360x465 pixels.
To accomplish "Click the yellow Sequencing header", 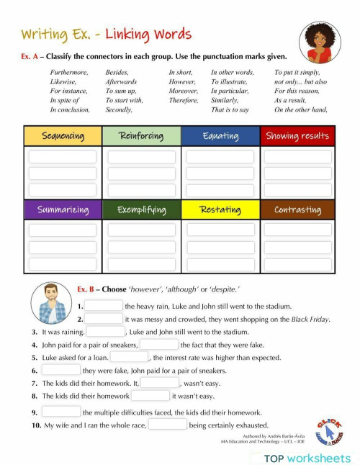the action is (63, 136).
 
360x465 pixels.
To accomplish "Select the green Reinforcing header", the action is (141, 136).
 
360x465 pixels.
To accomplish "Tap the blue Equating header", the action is (220, 136).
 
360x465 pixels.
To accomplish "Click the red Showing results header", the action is (297, 136).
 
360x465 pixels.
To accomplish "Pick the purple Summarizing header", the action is (63, 210).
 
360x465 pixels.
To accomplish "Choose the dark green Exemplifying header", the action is (141, 210).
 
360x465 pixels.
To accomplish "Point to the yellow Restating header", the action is (220, 210).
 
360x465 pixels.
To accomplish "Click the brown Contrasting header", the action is (297, 210).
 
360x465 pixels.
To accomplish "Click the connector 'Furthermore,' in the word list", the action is (69, 73).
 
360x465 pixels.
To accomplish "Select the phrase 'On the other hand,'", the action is (301, 110).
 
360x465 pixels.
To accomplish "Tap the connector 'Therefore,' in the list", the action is (184, 101).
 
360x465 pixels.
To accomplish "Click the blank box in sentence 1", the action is (104, 306).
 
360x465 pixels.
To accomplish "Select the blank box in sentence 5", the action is (129, 357).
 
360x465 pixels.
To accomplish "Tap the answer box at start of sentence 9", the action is (61, 412).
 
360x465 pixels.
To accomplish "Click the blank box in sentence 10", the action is (168, 425).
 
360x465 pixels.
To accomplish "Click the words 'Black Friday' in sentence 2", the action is (311, 319).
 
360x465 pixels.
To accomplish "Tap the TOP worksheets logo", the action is (306, 458).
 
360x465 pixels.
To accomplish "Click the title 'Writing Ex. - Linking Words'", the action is (107, 34).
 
